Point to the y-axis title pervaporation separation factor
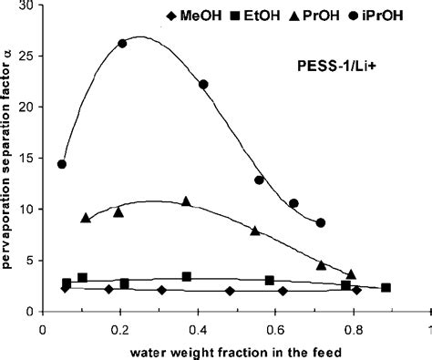point(10,159)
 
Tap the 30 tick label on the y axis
point(28,6)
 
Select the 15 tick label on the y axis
point(28,159)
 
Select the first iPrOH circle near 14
point(61,165)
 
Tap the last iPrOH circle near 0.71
point(320,222)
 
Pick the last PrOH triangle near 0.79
point(352,273)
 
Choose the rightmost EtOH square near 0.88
point(386,288)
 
